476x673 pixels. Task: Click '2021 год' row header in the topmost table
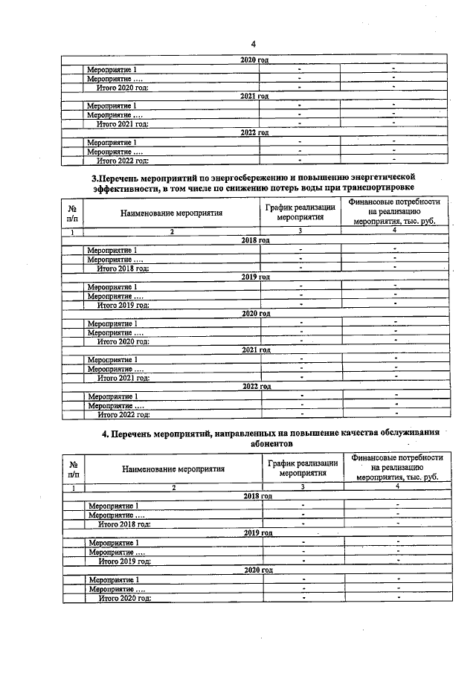coord(254,96)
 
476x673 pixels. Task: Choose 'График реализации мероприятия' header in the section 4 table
coord(303,467)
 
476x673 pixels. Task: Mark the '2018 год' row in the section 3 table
coord(255,241)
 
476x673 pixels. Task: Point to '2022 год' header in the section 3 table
coord(256,387)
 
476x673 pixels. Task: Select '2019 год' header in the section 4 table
coord(258,533)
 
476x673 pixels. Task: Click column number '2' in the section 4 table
coord(173,487)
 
